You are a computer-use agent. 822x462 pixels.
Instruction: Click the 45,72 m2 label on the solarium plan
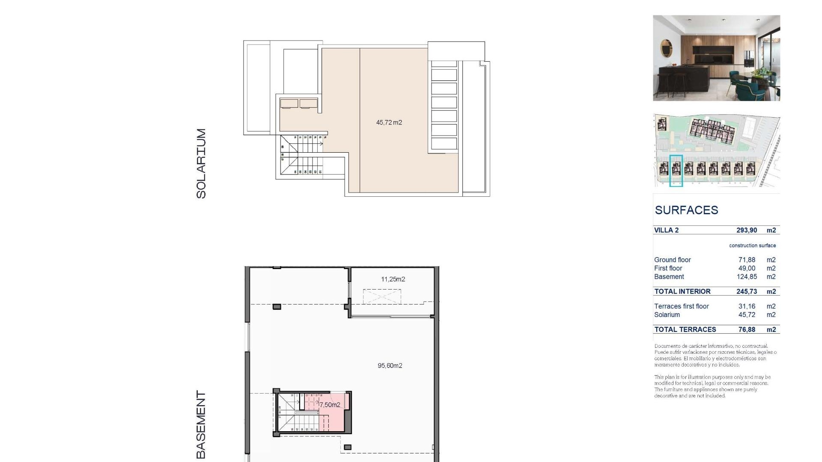pyautogui.click(x=389, y=123)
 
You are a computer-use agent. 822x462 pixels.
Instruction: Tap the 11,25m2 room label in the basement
pyautogui.click(x=393, y=279)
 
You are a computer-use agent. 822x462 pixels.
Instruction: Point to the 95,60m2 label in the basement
pyautogui.click(x=390, y=366)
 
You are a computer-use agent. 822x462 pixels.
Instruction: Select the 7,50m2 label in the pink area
pyautogui.click(x=330, y=405)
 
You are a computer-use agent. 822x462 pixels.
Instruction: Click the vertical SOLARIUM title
pyautogui.click(x=201, y=163)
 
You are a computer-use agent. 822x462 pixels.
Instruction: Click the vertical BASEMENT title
pyautogui.click(x=201, y=424)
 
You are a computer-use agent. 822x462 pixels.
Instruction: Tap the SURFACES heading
pyautogui.click(x=686, y=210)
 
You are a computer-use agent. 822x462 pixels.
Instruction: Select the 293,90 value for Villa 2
pyautogui.click(x=747, y=230)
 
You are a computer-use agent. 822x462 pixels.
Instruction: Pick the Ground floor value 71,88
pyautogui.click(x=747, y=260)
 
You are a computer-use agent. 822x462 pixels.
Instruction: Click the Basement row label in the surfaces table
pyautogui.click(x=669, y=277)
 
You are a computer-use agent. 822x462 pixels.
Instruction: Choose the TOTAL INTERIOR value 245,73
pyautogui.click(x=747, y=291)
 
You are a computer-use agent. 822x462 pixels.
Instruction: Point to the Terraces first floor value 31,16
pyautogui.click(x=747, y=306)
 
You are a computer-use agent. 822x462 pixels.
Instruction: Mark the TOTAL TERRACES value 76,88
pyautogui.click(x=747, y=329)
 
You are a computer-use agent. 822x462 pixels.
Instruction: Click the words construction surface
pyautogui.click(x=752, y=246)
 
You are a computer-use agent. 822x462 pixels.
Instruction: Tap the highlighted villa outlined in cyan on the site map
pyautogui.click(x=676, y=171)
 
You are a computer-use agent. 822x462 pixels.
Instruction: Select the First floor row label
pyautogui.click(x=668, y=268)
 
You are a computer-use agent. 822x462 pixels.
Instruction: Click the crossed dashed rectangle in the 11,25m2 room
pyautogui.click(x=382, y=296)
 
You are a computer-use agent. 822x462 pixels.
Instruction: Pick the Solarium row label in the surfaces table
pyautogui.click(x=667, y=315)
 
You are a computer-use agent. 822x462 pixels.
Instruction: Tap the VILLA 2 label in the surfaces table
pyautogui.click(x=666, y=230)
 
